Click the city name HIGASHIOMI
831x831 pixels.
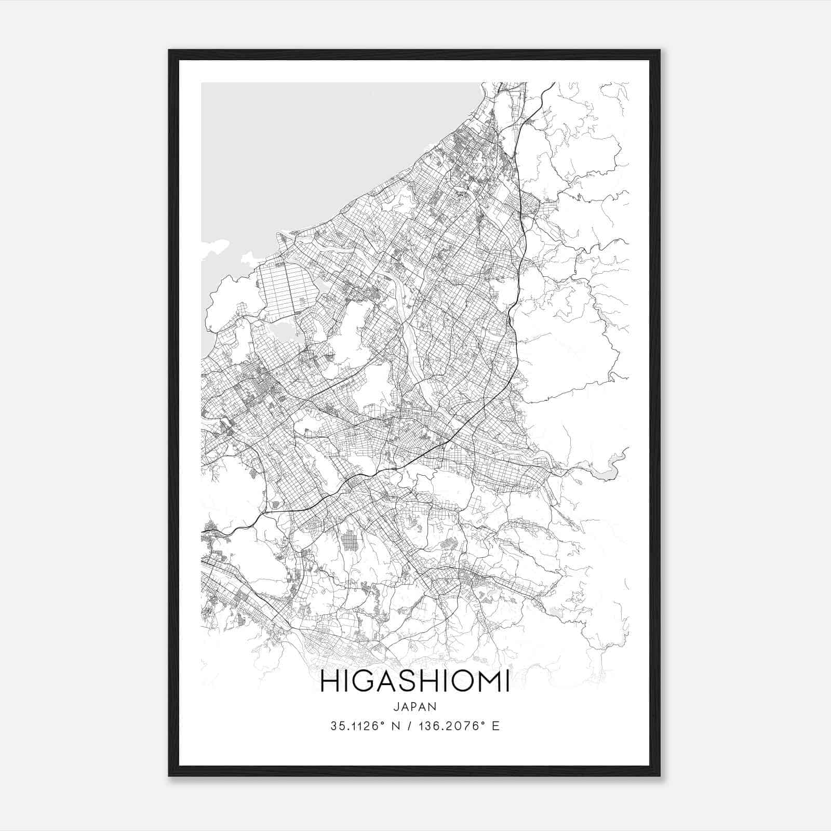(415, 682)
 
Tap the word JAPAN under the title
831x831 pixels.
(415, 707)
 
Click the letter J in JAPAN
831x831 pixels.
(396, 707)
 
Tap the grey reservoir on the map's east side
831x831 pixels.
(605, 470)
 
